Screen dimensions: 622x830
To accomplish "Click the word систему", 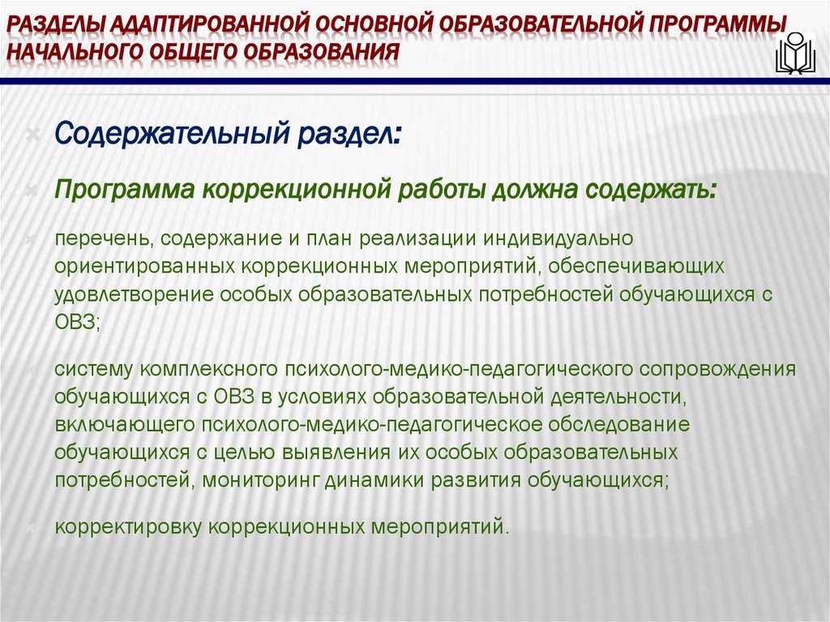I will [x=93, y=370].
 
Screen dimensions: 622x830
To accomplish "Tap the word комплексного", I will [x=208, y=370].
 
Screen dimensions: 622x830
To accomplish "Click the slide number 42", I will [x=802, y=601].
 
